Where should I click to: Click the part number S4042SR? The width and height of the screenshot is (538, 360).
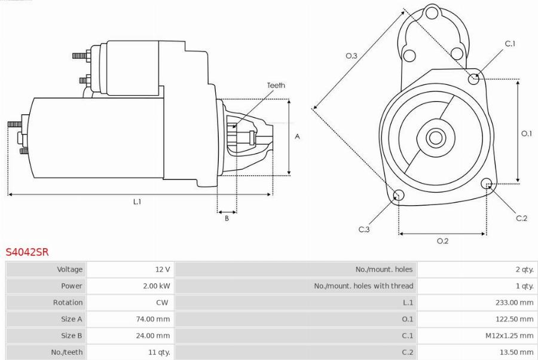pos(27,252)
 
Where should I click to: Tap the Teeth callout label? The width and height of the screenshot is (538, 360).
pos(276,86)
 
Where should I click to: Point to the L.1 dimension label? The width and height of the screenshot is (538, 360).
pos(137,202)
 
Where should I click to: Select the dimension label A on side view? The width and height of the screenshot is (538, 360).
pos(297,136)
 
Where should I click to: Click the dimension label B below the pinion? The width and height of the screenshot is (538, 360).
pos(227,218)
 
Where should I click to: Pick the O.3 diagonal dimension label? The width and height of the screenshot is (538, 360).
pos(351,56)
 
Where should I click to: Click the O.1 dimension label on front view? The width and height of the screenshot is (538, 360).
pos(526,133)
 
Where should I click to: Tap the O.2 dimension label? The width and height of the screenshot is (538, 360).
pos(442,241)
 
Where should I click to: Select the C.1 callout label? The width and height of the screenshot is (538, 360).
pos(510,44)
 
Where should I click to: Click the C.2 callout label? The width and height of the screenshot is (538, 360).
pos(521,218)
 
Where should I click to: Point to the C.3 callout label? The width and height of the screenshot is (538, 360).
pos(364,230)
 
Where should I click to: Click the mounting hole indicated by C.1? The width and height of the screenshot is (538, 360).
pos(474,77)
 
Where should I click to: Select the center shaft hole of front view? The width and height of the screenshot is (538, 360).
pos(435,138)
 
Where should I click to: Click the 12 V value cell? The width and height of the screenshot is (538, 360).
pos(163,270)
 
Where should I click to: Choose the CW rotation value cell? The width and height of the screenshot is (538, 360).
pos(162,303)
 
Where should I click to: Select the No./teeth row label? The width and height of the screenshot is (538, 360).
pos(67,352)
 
